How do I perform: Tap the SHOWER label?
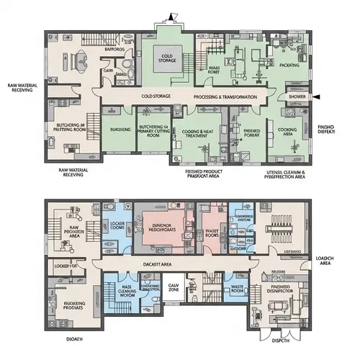click(x=296, y=96)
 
